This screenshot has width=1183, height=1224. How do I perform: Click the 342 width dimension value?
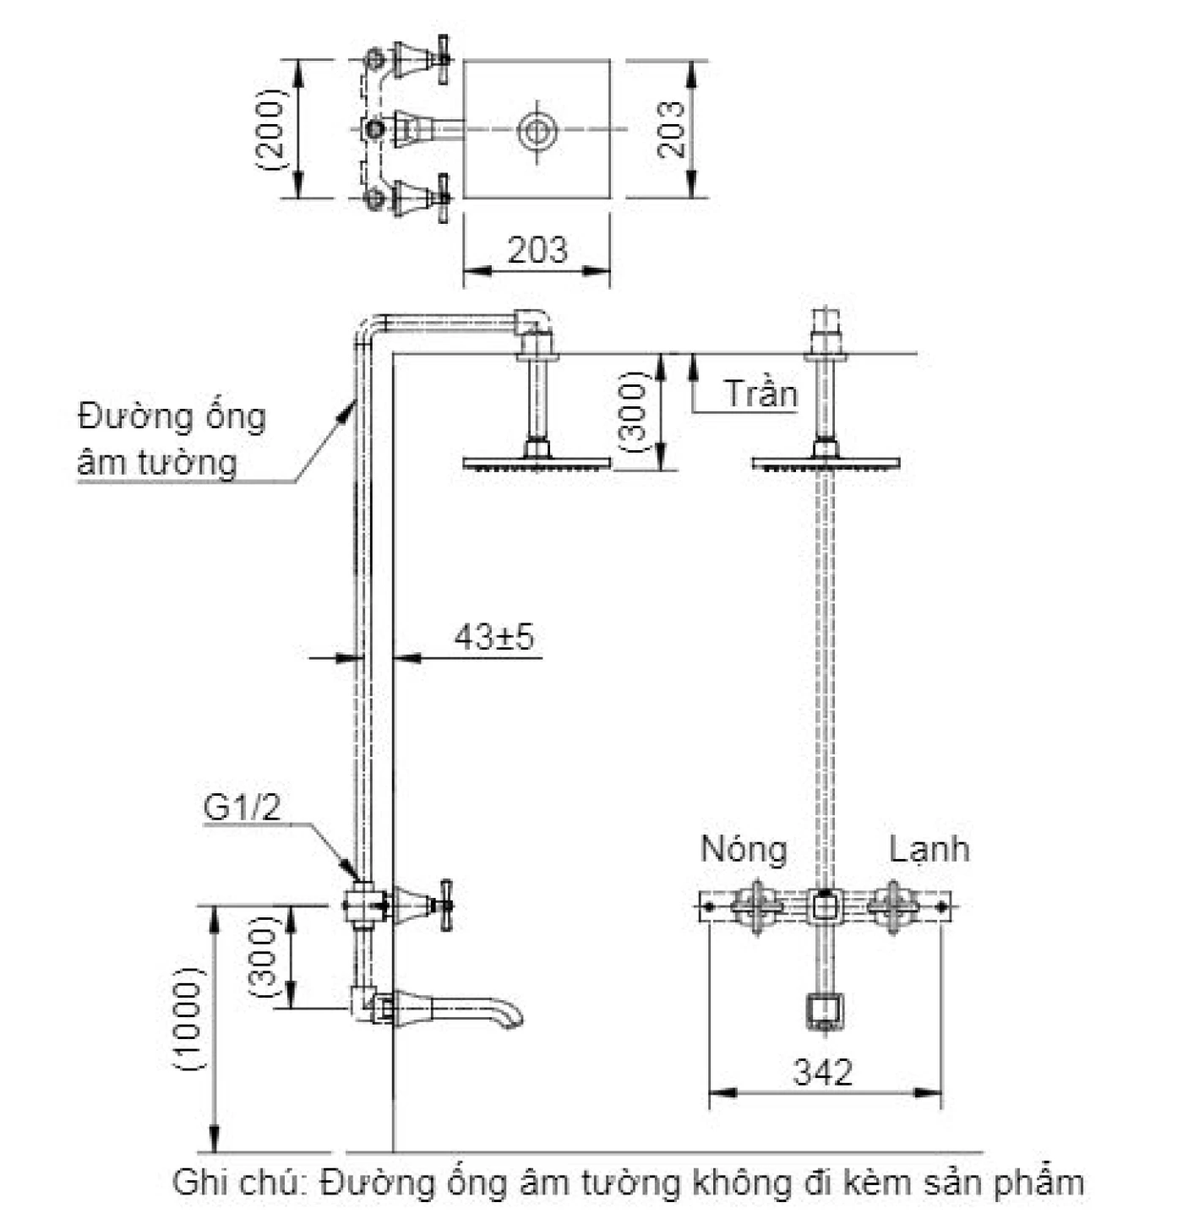(x=823, y=1072)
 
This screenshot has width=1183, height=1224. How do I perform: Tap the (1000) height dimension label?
(x=188, y=1019)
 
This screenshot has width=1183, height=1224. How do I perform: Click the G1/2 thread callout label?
(x=242, y=808)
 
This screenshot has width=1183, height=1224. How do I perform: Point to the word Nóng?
(x=744, y=849)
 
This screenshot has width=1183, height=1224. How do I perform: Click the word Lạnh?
(x=929, y=849)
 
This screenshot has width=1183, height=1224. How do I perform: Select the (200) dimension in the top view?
(x=272, y=129)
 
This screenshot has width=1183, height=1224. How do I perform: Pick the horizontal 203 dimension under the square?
(x=537, y=250)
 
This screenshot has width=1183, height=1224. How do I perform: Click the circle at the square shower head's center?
(x=537, y=129)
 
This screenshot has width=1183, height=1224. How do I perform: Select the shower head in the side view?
(x=537, y=463)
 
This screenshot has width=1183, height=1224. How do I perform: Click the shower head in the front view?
(x=826, y=463)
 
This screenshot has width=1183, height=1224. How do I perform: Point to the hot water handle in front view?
(x=755, y=907)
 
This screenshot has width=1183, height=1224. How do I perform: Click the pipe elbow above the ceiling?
(x=534, y=323)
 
